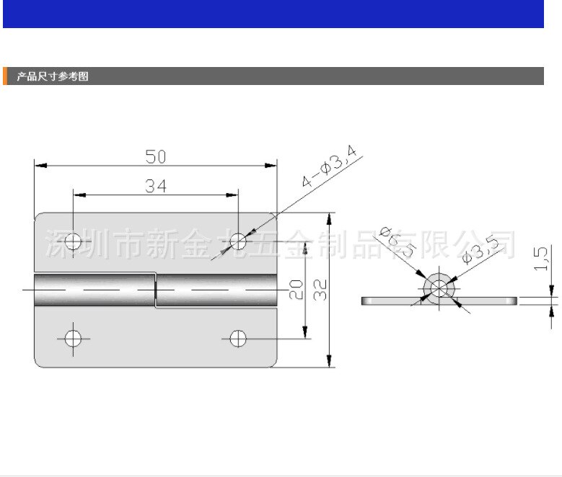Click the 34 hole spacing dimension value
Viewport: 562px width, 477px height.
click(x=156, y=186)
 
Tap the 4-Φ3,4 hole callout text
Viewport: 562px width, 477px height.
click(x=330, y=166)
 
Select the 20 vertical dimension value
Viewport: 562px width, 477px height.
click(x=296, y=289)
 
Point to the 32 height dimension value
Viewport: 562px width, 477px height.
click(x=321, y=289)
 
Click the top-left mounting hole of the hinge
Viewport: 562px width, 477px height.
click(x=73, y=241)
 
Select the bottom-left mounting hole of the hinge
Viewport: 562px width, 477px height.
click(x=73, y=337)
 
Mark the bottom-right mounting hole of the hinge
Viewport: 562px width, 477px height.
click(x=238, y=337)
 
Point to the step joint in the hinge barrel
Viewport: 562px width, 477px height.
click(x=156, y=290)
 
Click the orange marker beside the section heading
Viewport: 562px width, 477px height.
click(x=5, y=76)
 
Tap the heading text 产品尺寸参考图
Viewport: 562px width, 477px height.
click(x=52, y=76)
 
